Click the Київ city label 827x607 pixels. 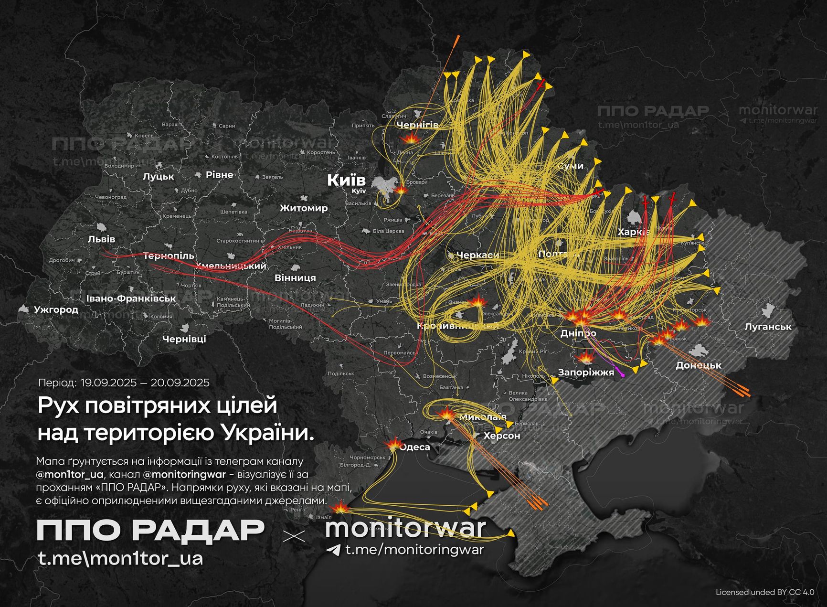(x=346, y=180)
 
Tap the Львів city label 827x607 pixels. (x=101, y=239)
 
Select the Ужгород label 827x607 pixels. (x=56, y=309)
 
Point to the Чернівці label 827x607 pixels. (x=184, y=339)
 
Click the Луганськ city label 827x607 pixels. (x=768, y=327)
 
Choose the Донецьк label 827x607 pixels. (x=699, y=365)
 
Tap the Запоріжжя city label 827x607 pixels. (x=585, y=373)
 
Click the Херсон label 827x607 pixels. (x=501, y=436)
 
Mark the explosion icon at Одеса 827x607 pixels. (x=394, y=444)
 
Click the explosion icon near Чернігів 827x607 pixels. (x=410, y=138)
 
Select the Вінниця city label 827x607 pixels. (x=295, y=277)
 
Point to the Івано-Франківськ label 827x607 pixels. (x=131, y=298)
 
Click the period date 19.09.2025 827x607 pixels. (x=107, y=383)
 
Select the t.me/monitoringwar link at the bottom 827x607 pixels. (x=414, y=550)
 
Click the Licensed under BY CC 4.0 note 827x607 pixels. (x=765, y=592)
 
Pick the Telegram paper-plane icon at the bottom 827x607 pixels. (x=333, y=550)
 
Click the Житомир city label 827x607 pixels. (x=304, y=208)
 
